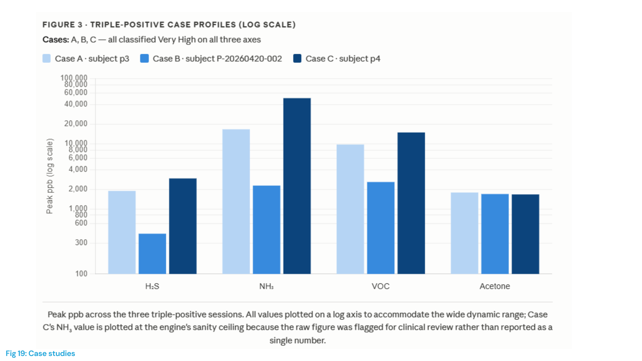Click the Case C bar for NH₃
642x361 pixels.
click(x=297, y=186)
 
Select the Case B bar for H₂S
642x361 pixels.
click(x=152, y=254)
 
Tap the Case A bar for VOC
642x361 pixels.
click(x=350, y=209)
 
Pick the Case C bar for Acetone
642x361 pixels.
click(x=525, y=234)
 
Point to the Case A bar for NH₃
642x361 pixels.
click(x=236, y=202)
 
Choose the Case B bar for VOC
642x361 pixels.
click(x=381, y=228)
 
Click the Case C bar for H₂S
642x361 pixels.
click(x=183, y=226)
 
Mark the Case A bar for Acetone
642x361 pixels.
click(x=464, y=233)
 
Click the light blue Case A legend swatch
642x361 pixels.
click(x=46, y=58)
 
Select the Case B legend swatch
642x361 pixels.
click(x=144, y=58)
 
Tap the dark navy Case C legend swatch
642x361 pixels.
click(x=297, y=58)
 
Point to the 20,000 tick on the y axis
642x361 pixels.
click(x=76, y=124)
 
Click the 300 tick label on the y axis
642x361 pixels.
click(x=81, y=242)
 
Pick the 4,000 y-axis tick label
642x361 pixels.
click(x=78, y=169)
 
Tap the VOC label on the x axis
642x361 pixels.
click(x=381, y=286)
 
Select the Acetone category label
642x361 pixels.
click(x=495, y=286)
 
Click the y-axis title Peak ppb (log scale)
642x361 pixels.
click(x=49, y=176)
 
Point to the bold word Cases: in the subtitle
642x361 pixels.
click(x=56, y=40)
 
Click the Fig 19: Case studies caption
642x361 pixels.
click(x=40, y=353)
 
